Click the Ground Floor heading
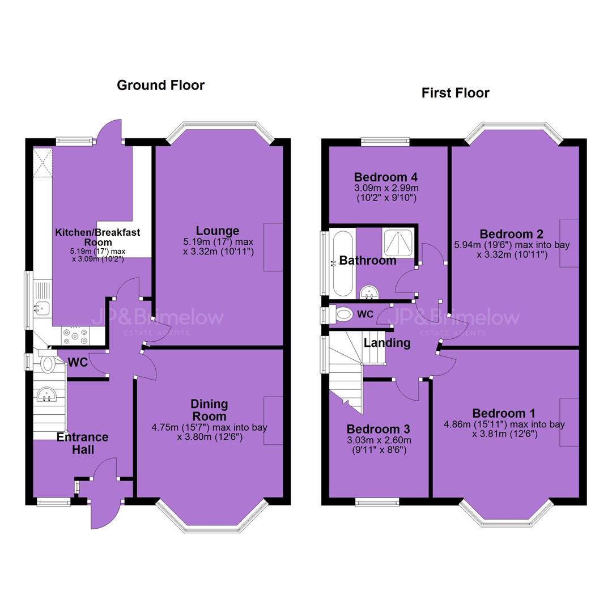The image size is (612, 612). (160, 85)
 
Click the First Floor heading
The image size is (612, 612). (455, 93)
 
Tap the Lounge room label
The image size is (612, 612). (218, 231)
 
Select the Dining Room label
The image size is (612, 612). (209, 410)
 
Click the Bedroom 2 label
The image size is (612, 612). (511, 234)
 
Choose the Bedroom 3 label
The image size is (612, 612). (378, 429)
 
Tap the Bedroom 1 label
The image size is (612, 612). (504, 413)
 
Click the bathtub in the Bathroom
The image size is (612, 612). (343, 263)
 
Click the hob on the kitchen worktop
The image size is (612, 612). (75, 336)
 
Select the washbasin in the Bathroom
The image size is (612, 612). (369, 292)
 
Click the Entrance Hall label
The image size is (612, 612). (82, 443)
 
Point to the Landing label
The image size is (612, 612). (387, 343)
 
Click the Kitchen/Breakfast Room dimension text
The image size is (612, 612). (97, 255)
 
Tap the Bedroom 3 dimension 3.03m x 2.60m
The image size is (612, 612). (379, 440)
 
